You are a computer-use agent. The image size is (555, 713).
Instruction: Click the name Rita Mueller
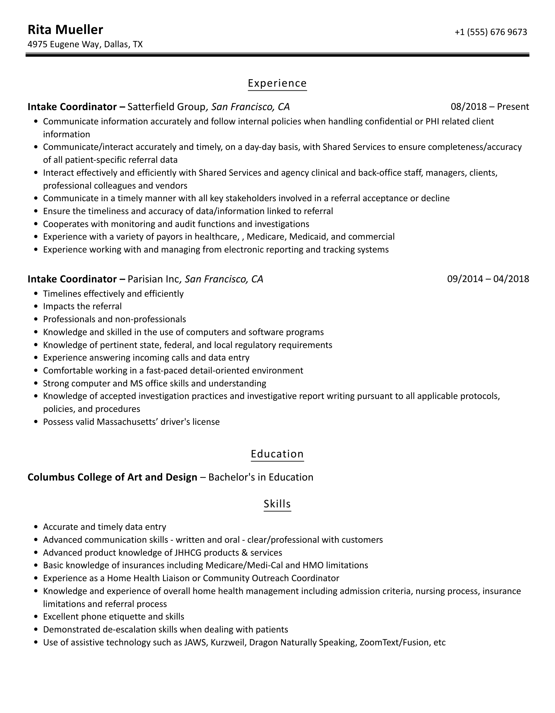tap(65, 30)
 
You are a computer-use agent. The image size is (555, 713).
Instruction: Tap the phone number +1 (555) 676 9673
tap(491, 32)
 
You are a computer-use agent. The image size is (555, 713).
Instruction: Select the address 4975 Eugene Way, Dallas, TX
tap(85, 45)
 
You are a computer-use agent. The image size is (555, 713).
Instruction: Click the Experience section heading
tap(277, 83)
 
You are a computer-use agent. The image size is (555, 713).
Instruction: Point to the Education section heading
tap(277, 454)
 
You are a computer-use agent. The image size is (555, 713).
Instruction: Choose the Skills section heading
tap(277, 504)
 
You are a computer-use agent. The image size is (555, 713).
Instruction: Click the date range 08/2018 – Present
tap(490, 107)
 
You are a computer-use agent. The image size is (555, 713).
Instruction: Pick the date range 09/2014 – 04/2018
tap(488, 279)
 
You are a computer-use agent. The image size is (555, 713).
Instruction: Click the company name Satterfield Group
tap(166, 107)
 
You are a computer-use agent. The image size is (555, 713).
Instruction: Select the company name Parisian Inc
tap(153, 279)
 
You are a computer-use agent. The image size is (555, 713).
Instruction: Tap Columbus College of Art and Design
tap(112, 477)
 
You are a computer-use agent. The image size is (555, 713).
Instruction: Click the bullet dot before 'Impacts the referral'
tap(36, 307)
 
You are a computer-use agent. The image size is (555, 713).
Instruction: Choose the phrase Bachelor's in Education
tap(260, 477)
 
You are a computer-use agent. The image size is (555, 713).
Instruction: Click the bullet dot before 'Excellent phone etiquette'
tap(36, 617)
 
